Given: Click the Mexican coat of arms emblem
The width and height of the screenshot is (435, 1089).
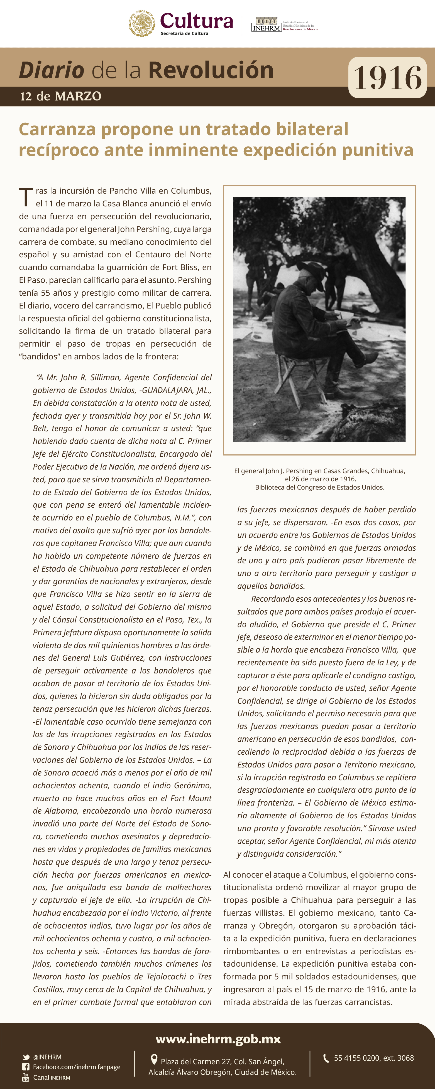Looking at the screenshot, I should point(142,23).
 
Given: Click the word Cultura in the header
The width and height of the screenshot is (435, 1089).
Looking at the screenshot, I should point(196,21).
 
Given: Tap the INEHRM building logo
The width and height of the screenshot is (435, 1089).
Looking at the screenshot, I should point(266,24).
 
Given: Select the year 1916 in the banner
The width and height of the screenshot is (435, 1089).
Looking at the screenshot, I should point(387,78).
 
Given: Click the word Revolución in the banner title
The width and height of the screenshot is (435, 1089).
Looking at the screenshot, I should point(211,70).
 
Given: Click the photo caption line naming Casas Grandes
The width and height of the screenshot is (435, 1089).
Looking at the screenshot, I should point(319,471).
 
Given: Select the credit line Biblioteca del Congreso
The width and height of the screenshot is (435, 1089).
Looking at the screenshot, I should point(319,487).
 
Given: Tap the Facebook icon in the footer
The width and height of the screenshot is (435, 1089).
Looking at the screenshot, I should point(26,1067).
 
